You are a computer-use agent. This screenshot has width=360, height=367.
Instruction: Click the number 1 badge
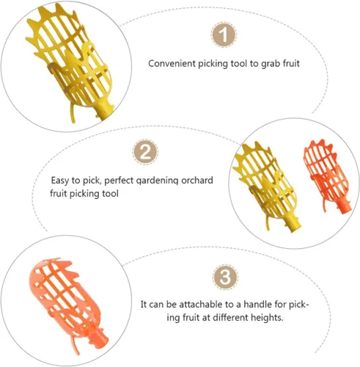point(224,34)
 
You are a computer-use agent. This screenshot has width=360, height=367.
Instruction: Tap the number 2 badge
point(145,152)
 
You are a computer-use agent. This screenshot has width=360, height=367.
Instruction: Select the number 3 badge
point(225,277)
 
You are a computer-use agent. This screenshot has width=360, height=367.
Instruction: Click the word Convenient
point(172,64)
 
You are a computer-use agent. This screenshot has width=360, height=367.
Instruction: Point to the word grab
point(271,64)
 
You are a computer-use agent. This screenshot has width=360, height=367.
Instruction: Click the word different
point(230,318)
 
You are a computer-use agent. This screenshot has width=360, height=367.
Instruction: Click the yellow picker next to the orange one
point(265,186)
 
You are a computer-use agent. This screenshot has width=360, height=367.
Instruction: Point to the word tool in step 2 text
point(110,194)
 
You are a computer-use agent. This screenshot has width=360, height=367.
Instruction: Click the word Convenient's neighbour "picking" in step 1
point(213,64)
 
